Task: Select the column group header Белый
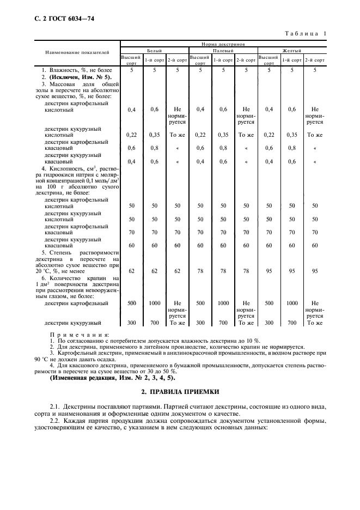[154, 50]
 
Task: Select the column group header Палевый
[223, 50]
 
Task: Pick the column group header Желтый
[292, 50]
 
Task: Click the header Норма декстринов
[223, 42]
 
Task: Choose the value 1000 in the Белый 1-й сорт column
[154, 303]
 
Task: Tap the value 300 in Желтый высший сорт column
[269, 323]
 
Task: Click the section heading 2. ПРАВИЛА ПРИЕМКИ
[180, 392]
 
